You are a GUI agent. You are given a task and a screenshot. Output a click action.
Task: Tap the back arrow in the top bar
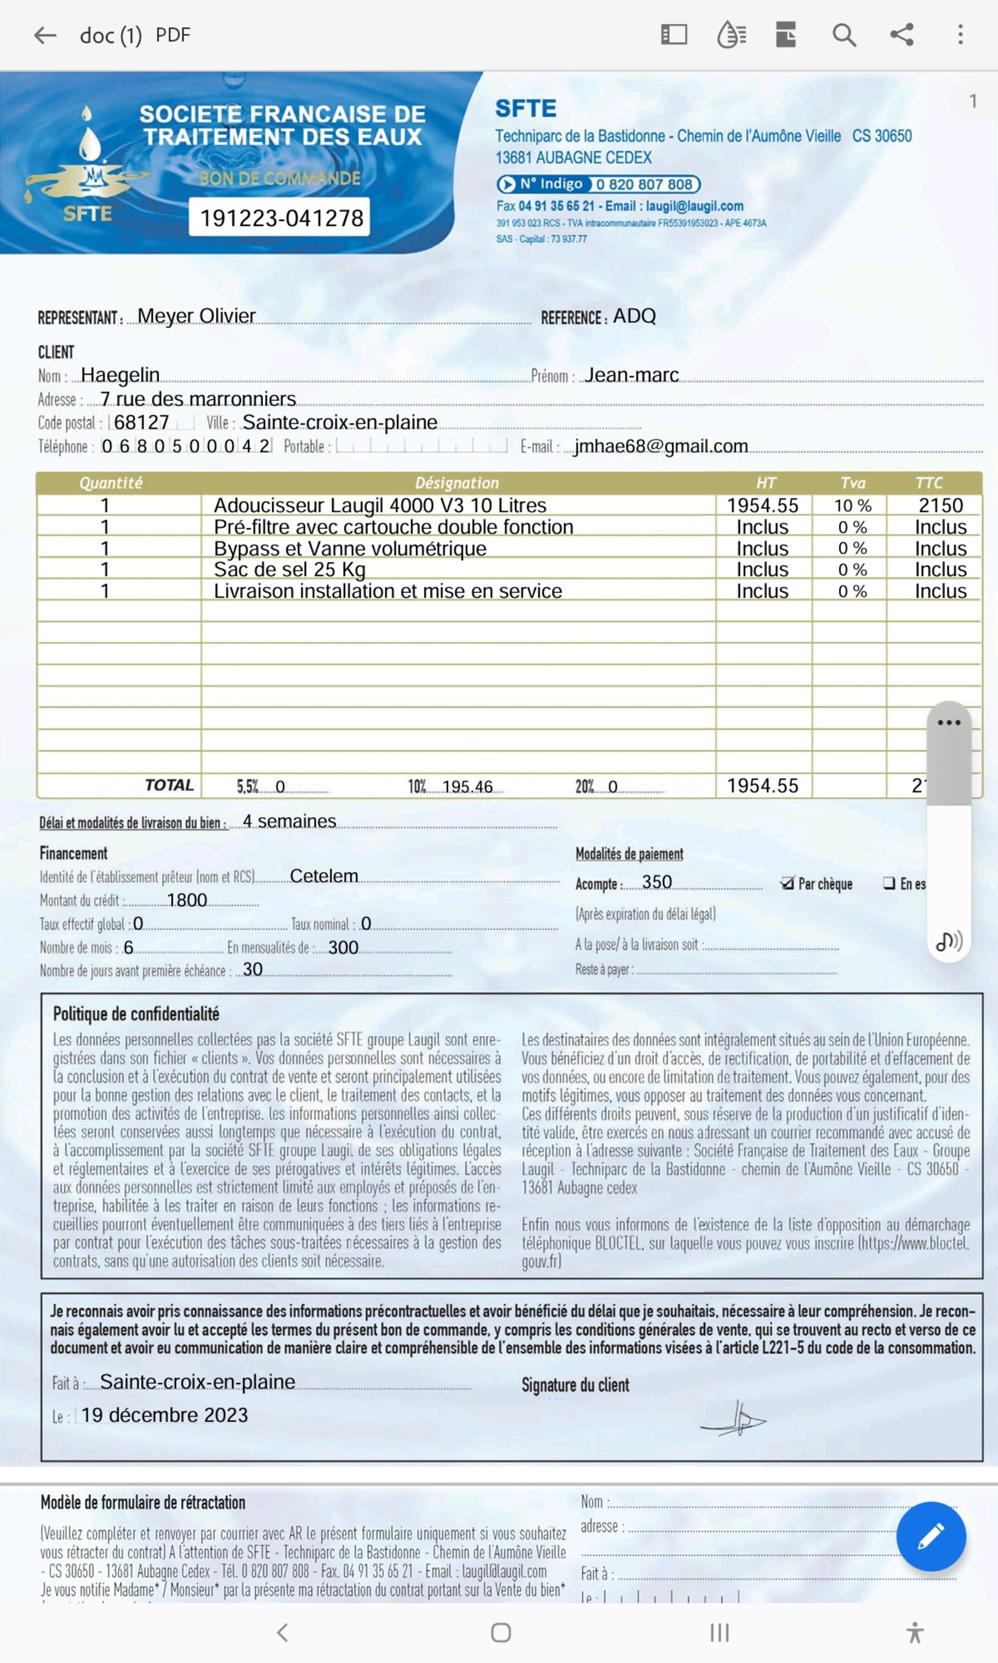pos(45,35)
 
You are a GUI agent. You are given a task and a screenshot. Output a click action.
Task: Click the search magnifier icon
pos(844,35)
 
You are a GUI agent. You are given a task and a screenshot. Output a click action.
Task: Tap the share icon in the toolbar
pos(902,35)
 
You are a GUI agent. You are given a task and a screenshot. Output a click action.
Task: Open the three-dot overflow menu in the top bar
pos(961,35)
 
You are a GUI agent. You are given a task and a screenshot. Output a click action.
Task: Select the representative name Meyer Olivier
pos(197,316)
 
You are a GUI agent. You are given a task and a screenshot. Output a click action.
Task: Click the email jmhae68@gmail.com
pos(661,447)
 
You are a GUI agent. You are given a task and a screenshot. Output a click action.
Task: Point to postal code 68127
pos(141,422)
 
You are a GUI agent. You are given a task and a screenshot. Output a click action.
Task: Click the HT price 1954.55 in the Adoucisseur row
pos(762,506)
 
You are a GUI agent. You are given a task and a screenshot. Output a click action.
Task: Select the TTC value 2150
pos(940,506)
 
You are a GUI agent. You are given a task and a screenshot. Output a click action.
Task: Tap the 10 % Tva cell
pos(852,506)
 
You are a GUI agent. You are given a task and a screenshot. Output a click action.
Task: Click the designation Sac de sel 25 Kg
pos(289,570)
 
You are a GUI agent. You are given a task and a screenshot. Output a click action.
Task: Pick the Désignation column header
pos(457,483)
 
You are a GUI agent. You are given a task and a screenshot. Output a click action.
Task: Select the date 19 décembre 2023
pos(165,1415)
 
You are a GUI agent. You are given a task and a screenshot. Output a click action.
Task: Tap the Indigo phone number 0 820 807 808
pos(644,184)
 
